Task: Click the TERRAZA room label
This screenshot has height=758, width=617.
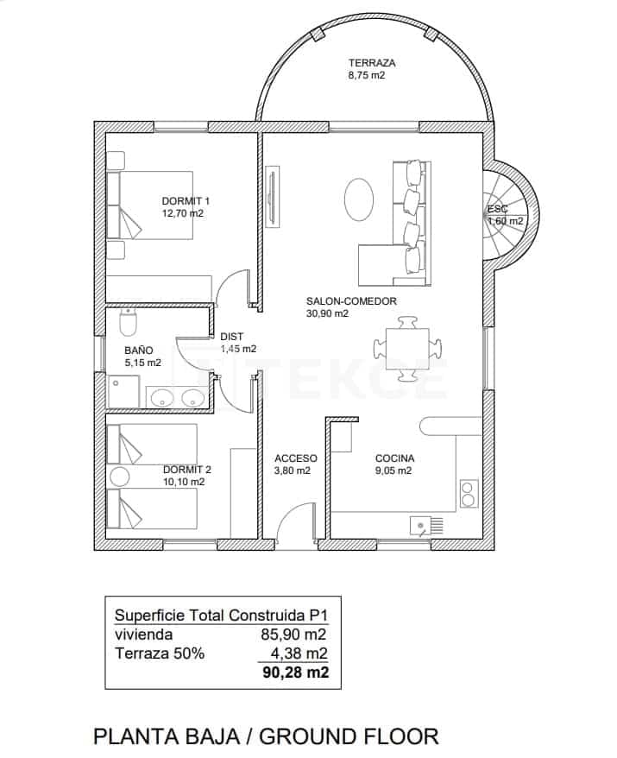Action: [372, 63]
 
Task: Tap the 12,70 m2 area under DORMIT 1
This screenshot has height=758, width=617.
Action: [182, 212]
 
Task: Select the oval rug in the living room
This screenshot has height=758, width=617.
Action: [359, 199]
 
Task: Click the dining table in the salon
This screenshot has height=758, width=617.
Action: [409, 348]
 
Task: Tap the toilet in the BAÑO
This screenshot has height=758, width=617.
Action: [128, 324]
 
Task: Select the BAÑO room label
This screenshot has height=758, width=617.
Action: [138, 351]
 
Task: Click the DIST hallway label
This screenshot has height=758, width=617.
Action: [231, 337]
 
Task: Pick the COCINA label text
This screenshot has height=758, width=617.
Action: [394, 458]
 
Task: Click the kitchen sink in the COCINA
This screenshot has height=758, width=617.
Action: [423, 524]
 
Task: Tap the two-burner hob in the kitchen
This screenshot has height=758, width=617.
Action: [469, 493]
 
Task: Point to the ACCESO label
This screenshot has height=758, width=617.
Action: [295, 458]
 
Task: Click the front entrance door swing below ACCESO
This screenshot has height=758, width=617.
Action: [296, 525]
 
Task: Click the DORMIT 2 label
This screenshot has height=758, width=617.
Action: [186, 471]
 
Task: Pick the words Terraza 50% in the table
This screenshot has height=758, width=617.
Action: [160, 654]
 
